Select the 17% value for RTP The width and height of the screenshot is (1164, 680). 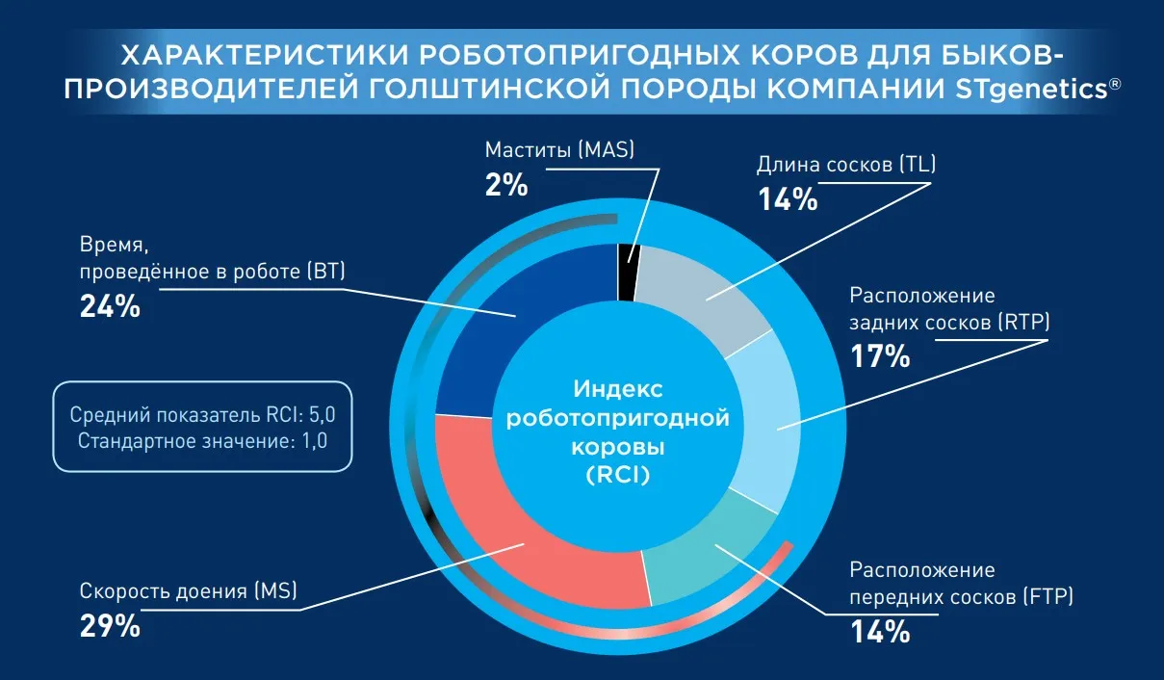pos(879,356)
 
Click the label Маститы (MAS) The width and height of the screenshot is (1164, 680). pos(559,150)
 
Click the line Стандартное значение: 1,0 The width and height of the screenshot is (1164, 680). pos(202,442)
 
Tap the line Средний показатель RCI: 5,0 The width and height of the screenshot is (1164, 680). pos(202,416)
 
